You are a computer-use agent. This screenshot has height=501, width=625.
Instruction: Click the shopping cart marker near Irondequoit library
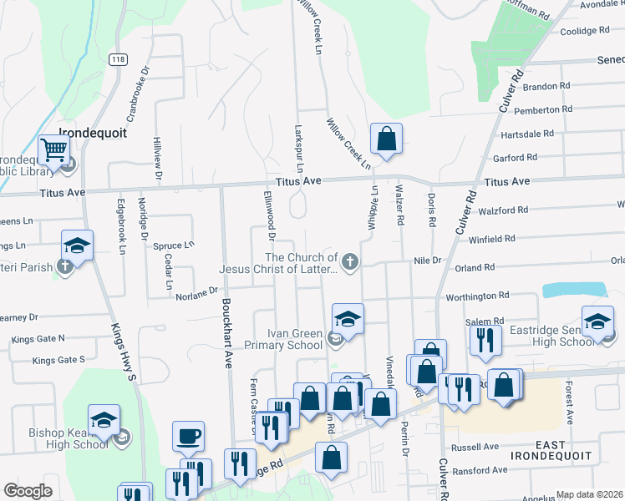coord(53,150)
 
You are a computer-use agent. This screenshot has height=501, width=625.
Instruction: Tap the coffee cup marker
coord(188,436)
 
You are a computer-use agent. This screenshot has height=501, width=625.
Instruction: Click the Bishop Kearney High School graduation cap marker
coord(104,420)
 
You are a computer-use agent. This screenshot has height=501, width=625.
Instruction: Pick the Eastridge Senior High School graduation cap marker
coord(598,321)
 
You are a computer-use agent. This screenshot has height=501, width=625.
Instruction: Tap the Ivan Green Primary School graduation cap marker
coord(348,318)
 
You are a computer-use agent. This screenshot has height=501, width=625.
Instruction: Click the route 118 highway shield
coord(117,59)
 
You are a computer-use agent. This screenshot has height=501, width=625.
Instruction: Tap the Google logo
coord(28,491)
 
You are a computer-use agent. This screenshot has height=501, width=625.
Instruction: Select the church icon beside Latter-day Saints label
coord(350,263)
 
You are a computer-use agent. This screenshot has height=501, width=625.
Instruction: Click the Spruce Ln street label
coord(173,245)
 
